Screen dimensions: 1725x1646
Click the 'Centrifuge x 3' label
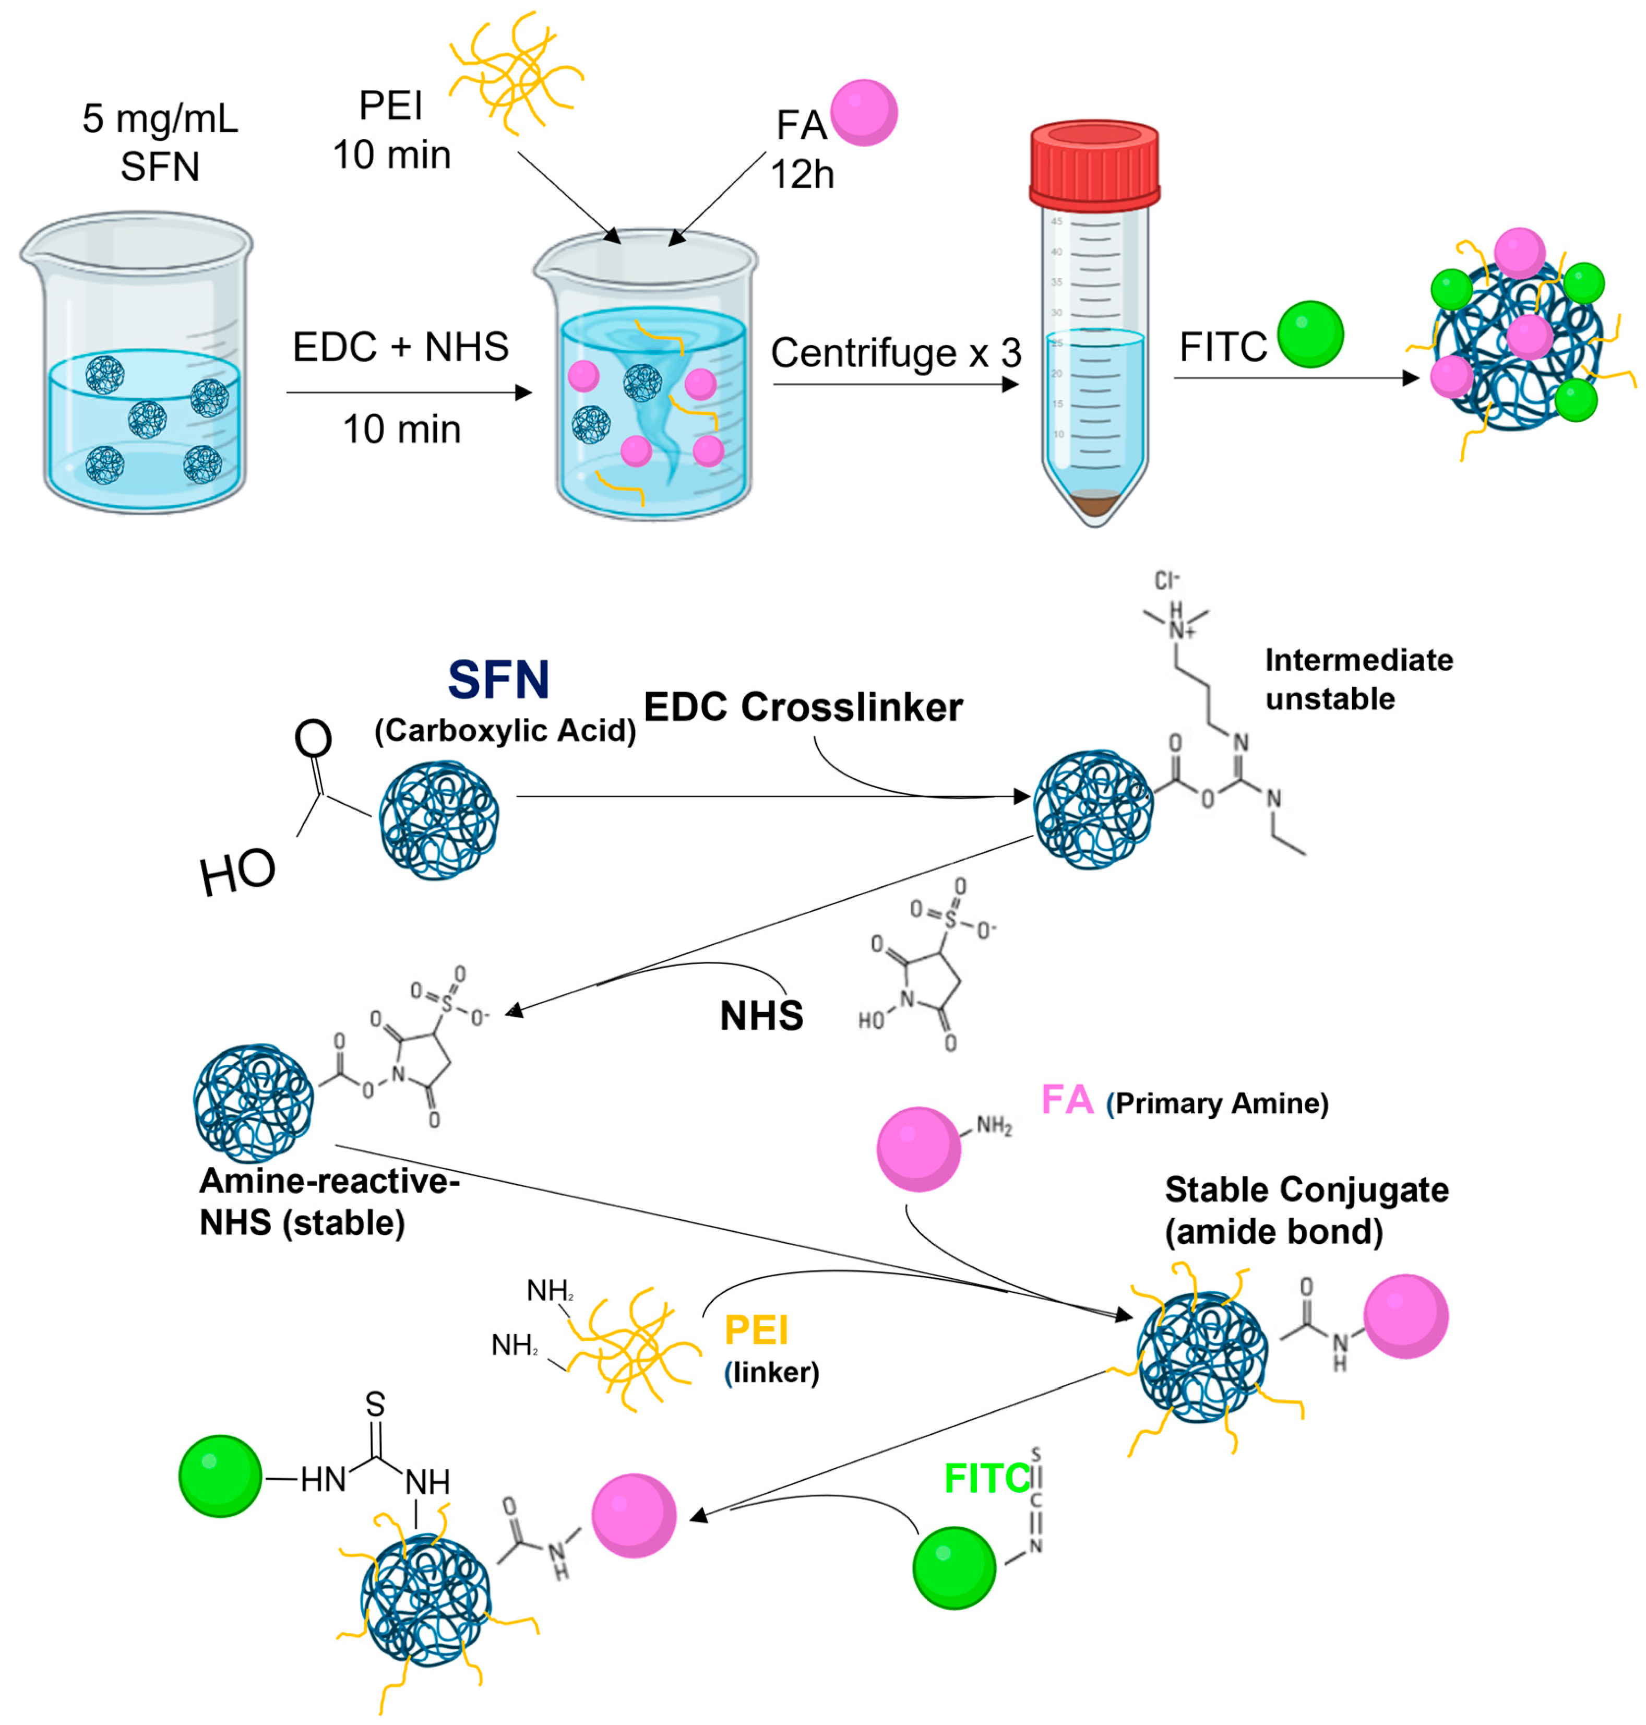[x=896, y=353]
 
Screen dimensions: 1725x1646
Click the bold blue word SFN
[x=498, y=680]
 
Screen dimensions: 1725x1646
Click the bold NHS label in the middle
[x=761, y=1016]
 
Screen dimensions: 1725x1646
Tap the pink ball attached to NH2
[x=919, y=1149]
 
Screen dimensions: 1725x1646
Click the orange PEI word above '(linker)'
[x=756, y=1331]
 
